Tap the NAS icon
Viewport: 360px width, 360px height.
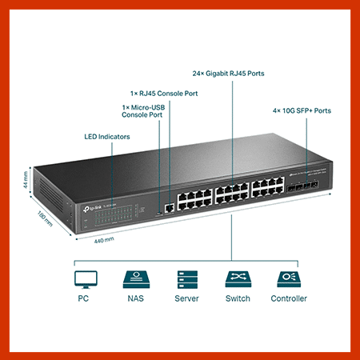tap(134, 278)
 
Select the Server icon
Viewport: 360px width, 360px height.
tap(186, 278)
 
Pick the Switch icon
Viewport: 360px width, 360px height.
tap(238, 278)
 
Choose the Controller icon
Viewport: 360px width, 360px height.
tap(289, 278)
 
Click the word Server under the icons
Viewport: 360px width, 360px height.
tap(186, 298)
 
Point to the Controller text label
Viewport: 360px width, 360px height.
tap(289, 298)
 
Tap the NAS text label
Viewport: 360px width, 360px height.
tap(134, 298)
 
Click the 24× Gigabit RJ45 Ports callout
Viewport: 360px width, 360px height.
tap(228, 74)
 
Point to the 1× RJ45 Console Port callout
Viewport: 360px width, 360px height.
tap(164, 94)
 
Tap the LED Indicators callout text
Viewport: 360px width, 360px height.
tap(107, 137)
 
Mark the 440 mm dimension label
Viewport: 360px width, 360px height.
tap(104, 239)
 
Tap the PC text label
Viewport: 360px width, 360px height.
tap(83, 298)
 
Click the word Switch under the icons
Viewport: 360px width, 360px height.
tap(238, 298)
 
